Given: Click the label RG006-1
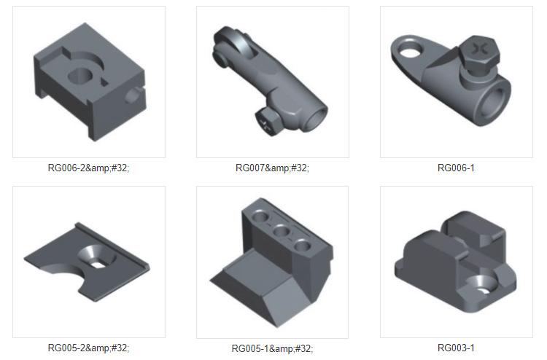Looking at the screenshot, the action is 456,168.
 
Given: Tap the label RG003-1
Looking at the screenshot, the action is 456,348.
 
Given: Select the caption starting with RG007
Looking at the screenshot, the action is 272,168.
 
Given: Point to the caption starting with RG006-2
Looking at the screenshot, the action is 88,168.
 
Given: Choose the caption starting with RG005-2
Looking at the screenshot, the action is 88,348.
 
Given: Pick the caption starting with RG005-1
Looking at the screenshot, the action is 272,348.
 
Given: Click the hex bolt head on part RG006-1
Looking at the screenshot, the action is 478,52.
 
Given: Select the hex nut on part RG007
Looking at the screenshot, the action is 268,120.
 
